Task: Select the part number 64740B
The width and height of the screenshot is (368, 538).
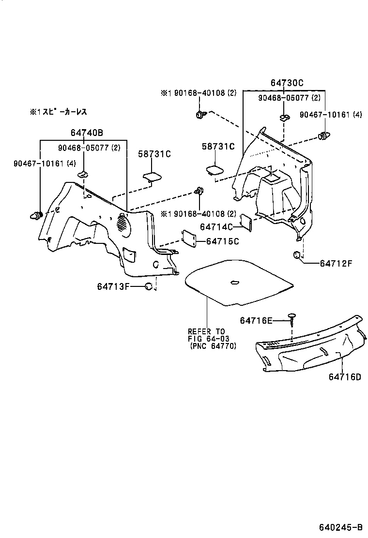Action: point(87,133)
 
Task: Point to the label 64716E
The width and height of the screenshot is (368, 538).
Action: point(257,320)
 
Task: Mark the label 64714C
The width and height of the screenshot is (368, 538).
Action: point(216,226)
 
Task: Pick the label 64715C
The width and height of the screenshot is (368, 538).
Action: point(222,241)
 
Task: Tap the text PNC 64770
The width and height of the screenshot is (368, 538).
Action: point(213,346)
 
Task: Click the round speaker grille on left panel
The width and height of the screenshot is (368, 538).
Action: point(124,223)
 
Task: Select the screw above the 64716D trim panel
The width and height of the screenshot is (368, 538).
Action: point(291,317)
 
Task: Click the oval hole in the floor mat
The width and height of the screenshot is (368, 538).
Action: point(235,283)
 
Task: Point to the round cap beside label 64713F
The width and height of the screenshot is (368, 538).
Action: point(149,286)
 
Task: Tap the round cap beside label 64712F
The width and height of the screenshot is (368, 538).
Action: point(296,255)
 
